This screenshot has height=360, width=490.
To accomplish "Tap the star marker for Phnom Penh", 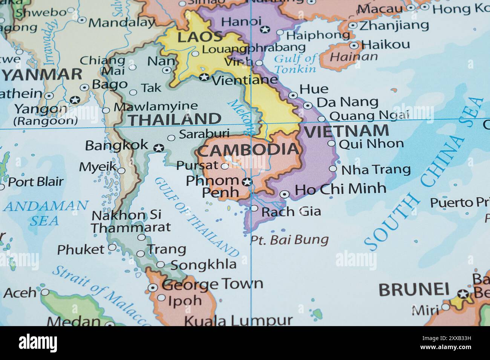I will click(x=247, y=182).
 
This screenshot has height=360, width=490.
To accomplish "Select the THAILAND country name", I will click(x=175, y=119).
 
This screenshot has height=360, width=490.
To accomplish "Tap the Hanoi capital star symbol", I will click(x=265, y=29).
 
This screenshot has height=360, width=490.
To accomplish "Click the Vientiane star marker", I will click(x=204, y=77).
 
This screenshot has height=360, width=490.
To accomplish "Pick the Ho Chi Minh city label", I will click(x=340, y=189).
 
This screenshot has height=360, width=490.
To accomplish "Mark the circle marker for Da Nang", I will click(x=308, y=106).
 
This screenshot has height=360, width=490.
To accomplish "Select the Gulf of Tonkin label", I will click(x=295, y=64).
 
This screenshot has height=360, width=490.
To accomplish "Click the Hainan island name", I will click(x=354, y=57).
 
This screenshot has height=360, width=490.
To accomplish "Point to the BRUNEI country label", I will click(x=413, y=290).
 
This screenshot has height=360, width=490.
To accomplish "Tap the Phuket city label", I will click(x=81, y=249).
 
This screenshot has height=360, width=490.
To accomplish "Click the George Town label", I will click(x=212, y=284).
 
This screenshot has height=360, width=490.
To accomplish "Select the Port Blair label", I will click(x=36, y=182).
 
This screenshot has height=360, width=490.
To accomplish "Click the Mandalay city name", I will click(x=121, y=23).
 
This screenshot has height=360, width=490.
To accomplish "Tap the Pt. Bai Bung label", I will click(x=289, y=239).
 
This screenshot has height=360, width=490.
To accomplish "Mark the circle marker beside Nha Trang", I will click(x=333, y=169).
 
